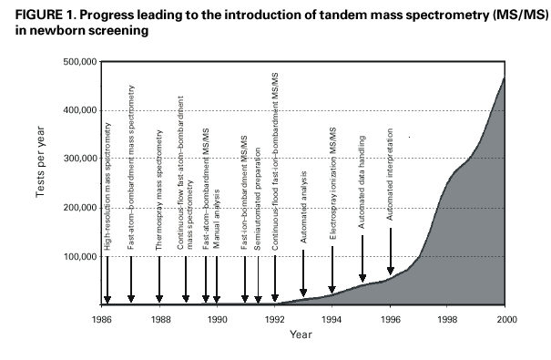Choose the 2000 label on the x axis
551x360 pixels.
(x=504, y=321)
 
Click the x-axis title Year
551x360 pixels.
(x=302, y=334)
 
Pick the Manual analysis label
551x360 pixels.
(x=217, y=220)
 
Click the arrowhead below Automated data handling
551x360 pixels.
(x=362, y=278)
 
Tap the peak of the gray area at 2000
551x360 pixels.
(x=504, y=78)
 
